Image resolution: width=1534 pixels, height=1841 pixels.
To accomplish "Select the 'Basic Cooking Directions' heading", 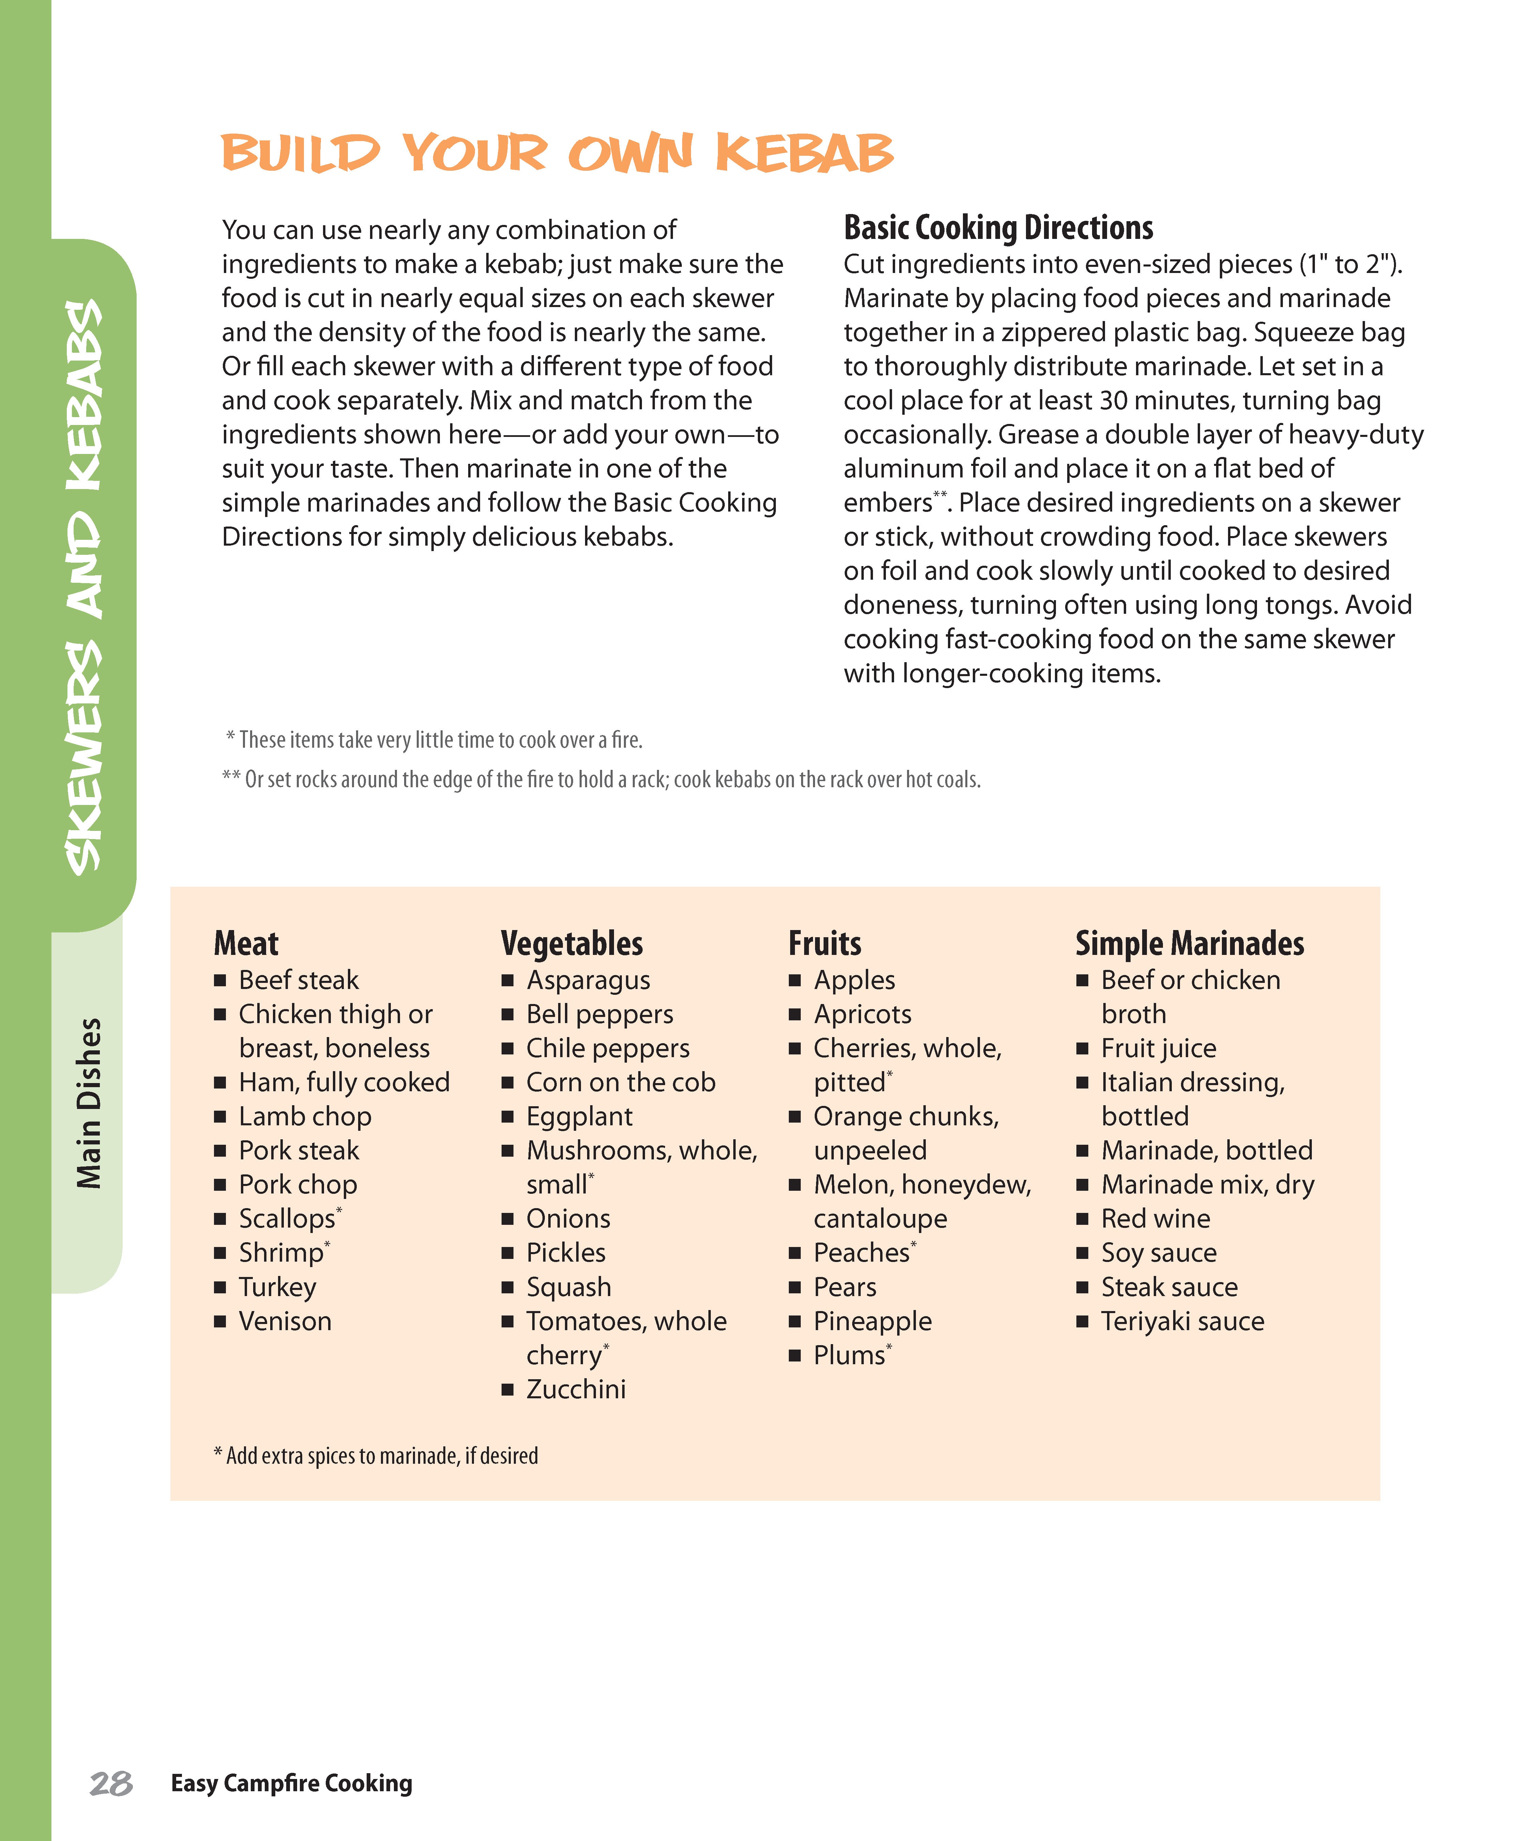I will (998, 228).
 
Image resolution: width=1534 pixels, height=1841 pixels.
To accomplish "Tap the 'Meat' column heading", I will (245, 943).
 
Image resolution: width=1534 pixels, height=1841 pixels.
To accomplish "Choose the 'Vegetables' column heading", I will (571, 943).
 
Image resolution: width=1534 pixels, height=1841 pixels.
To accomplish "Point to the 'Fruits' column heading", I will (824, 943).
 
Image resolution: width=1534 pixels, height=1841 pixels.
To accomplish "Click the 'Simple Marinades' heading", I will (1188, 943).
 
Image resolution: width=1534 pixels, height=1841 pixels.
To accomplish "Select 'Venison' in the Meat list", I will (285, 1321).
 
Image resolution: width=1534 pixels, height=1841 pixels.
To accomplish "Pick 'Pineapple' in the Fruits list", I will (872, 1321).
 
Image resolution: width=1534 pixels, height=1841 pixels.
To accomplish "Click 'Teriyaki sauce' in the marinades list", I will (1182, 1321).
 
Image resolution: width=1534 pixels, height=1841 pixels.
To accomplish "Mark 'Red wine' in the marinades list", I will (1155, 1219).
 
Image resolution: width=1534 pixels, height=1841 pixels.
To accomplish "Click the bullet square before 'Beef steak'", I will (220, 980).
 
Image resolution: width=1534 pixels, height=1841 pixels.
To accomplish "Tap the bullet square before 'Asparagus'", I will (508, 980).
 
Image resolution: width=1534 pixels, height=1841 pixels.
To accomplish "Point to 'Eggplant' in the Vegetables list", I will (579, 1117).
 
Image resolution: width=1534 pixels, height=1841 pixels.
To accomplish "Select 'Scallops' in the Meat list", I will (287, 1219).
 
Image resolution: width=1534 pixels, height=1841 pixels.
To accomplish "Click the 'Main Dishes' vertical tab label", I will (89, 1103).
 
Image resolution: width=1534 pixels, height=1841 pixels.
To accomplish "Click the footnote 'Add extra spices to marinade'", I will (377, 1456).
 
